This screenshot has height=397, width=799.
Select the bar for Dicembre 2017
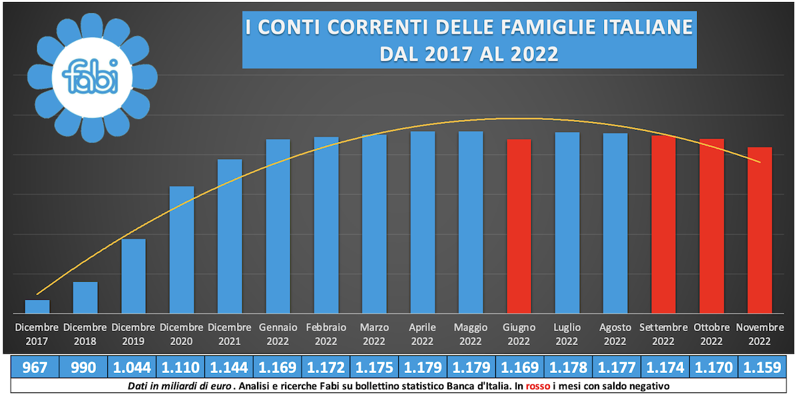(x=37, y=306)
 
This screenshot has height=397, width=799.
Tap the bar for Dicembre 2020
(x=182, y=250)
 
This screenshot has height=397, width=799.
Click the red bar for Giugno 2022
(x=519, y=226)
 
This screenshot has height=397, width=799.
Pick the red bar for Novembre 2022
(x=760, y=230)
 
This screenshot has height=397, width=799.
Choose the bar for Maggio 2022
(x=471, y=222)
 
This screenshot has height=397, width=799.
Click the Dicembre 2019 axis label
(x=133, y=334)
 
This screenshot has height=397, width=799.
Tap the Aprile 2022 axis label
(x=422, y=334)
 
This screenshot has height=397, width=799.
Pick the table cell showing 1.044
(x=132, y=367)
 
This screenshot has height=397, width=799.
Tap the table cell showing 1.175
(x=374, y=367)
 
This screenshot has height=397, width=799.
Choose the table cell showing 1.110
(x=180, y=367)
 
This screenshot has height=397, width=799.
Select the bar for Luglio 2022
(x=567, y=223)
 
